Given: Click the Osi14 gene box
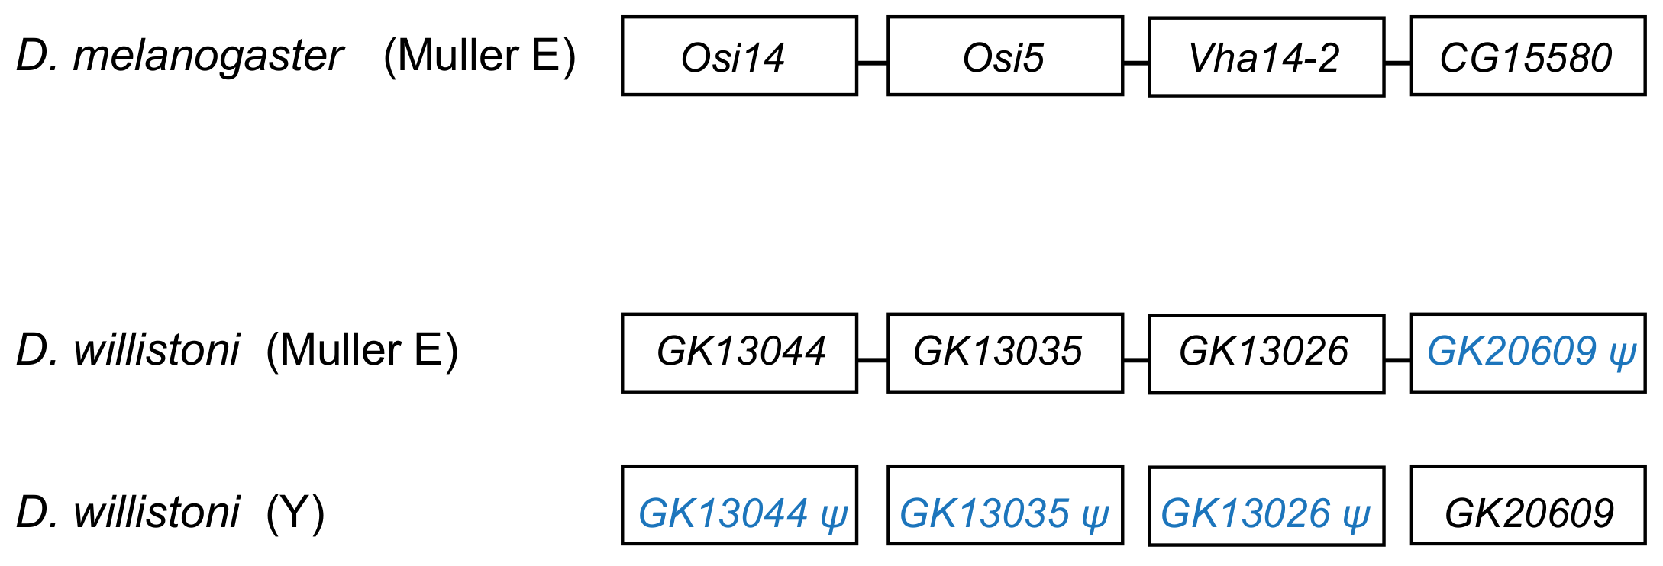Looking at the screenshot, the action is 739,56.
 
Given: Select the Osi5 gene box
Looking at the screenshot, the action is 1005,56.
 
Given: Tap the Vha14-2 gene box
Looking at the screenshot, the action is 1266,57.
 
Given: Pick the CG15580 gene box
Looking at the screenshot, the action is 1527,57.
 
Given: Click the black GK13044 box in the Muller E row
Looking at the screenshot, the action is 739,352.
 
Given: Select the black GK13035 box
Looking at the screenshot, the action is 1005,352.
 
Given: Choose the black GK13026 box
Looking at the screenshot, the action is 1266,353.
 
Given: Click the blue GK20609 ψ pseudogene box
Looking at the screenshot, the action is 1527,352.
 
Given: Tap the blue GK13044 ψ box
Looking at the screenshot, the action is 739,505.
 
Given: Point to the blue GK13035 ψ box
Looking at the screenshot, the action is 1005,505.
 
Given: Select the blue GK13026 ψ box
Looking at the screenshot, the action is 1266,506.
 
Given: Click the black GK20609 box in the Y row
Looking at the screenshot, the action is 1527,505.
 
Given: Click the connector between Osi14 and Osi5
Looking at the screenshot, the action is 872,63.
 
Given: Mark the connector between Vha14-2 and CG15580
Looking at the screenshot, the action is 1397,63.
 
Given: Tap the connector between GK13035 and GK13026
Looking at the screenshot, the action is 1135,360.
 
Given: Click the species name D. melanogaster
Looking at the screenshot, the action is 179,56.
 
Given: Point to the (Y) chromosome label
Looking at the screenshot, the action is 295,513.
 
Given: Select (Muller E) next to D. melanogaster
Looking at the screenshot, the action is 479,56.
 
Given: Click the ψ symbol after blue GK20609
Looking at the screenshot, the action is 1622,354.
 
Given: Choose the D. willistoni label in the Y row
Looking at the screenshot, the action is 128,513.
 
